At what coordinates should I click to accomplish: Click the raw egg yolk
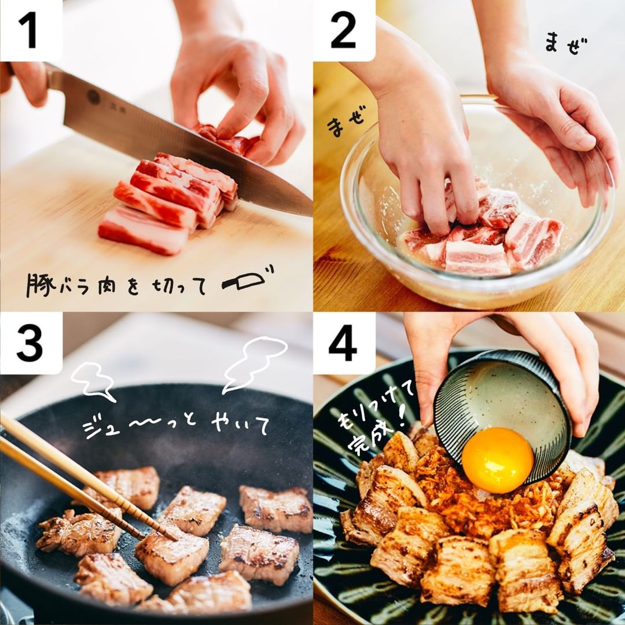pos(498,460)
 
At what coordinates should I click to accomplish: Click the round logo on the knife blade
pos(93,97)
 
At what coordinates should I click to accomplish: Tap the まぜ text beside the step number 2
pos(566,44)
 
